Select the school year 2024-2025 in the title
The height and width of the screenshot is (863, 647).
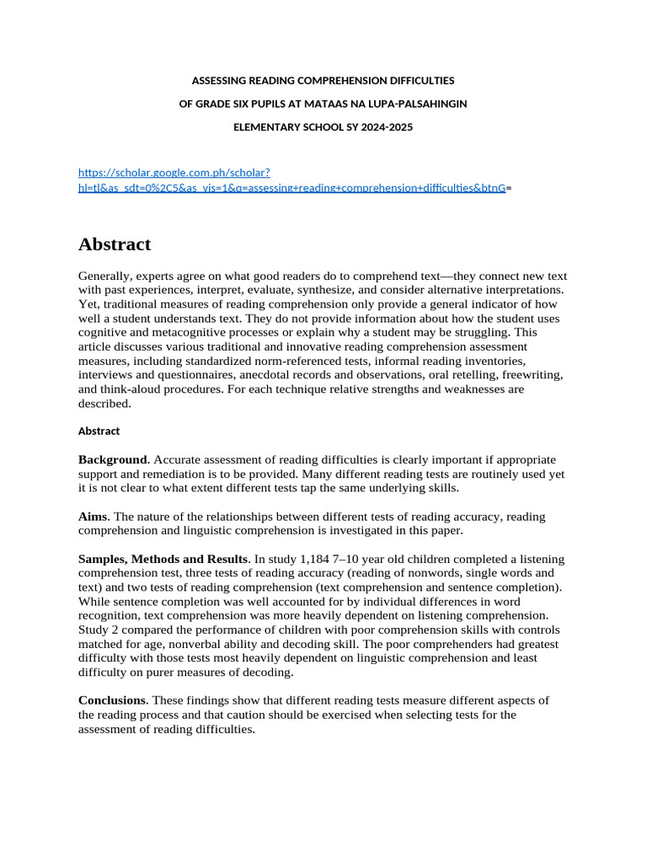click(384, 127)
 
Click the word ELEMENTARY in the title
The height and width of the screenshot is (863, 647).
click(263, 127)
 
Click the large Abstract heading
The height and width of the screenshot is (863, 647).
click(115, 244)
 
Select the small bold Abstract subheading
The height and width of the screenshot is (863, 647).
click(99, 431)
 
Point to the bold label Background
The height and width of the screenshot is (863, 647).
click(113, 460)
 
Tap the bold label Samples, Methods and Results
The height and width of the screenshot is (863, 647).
click(163, 560)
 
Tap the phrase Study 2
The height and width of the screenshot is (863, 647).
click(102, 630)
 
